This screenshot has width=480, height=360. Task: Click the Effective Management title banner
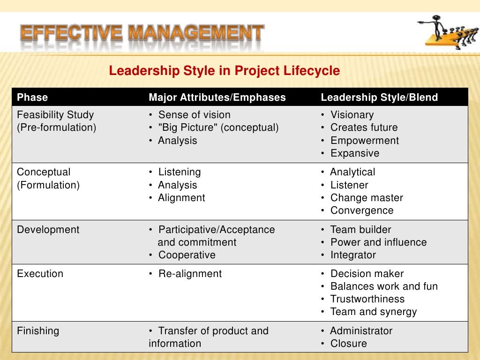(x=142, y=33)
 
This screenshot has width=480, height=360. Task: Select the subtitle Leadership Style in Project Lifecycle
(x=224, y=71)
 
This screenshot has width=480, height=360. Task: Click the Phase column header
(x=32, y=97)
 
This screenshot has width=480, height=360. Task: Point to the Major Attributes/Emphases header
(x=217, y=97)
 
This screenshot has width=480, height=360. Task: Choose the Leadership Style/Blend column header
(x=379, y=97)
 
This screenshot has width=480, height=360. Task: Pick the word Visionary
(x=352, y=115)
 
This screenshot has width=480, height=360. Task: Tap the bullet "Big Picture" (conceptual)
(x=218, y=127)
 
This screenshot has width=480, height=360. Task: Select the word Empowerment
(x=365, y=141)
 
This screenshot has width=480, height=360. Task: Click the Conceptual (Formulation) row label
(x=48, y=179)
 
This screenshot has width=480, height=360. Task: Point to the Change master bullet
(x=367, y=198)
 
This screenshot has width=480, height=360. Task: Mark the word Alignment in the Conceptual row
(x=182, y=198)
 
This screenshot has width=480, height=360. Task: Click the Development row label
(x=48, y=230)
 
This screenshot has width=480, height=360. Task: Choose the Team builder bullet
(x=360, y=230)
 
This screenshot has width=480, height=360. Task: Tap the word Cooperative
(x=187, y=255)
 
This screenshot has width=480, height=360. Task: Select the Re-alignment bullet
(x=190, y=274)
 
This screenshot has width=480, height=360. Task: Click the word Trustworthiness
(x=367, y=299)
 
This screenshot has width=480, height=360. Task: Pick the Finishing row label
(x=38, y=331)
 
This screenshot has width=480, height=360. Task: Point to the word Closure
(x=349, y=344)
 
